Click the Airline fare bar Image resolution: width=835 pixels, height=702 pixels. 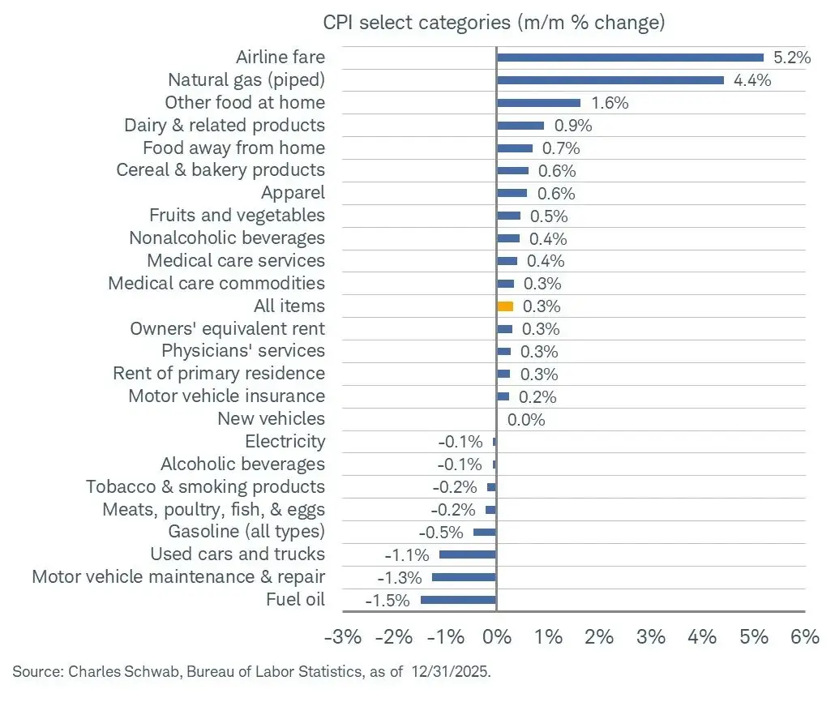(x=630, y=58)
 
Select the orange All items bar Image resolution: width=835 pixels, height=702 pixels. (x=505, y=306)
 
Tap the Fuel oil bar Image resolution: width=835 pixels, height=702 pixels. (x=458, y=600)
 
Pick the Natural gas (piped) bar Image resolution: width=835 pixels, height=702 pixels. (x=610, y=80)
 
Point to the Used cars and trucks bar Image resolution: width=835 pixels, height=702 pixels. (x=468, y=554)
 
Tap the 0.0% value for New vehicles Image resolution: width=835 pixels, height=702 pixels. (x=526, y=420)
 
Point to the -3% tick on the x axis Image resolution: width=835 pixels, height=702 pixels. (x=342, y=637)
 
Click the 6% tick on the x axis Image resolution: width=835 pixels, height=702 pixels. (x=805, y=637)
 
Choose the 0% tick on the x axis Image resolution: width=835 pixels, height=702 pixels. (x=496, y=637)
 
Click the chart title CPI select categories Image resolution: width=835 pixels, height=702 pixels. (x=494, y=22)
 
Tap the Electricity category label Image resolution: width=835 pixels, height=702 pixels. (x=285, y=442)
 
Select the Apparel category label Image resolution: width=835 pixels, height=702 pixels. (x=293, y=193)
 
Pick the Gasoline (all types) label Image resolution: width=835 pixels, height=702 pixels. (x=246, y=532)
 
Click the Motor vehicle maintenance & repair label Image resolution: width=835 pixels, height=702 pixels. (x=178, y=577)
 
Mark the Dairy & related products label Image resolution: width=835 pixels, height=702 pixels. (x=225, y=126)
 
